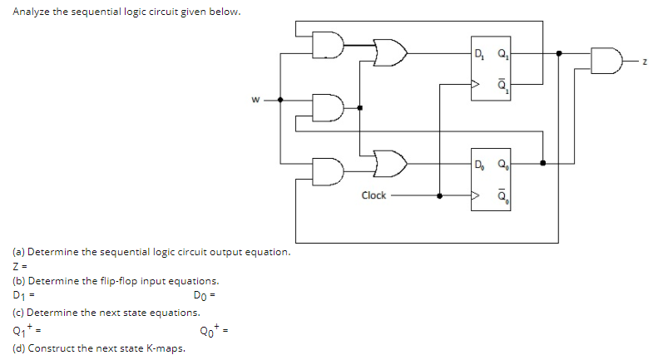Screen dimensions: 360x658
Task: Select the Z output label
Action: click(645, 58)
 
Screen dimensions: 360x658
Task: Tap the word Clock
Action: click(374, 195)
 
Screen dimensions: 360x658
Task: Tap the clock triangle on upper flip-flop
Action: click(477, 84)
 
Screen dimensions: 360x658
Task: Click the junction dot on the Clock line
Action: click(440, 196)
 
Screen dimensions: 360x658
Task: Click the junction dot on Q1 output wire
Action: click(558, 52)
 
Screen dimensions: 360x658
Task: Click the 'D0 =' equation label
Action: click(204, 297)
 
